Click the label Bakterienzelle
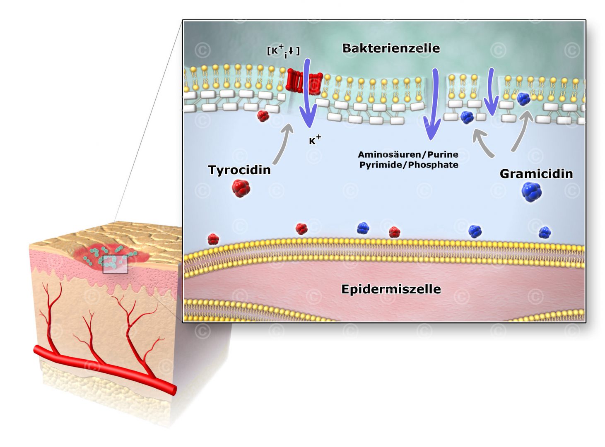(x=391, y=48)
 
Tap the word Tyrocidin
(x=239, y=170)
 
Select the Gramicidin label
(x=536, y=173)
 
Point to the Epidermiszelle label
(x=391, y=289)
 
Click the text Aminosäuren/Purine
(x=408, y=154)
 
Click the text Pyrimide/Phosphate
(x=409, y=165)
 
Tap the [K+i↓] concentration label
(x=283, y=51)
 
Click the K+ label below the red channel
(x=315, y=140)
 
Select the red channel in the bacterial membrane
(x=304, y=82)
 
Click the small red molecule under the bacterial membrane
(x=263, y=115)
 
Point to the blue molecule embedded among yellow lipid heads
(x=523, y=99)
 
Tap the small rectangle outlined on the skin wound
(x=115, y=264)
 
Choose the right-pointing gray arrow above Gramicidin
(x=521, y=130)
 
